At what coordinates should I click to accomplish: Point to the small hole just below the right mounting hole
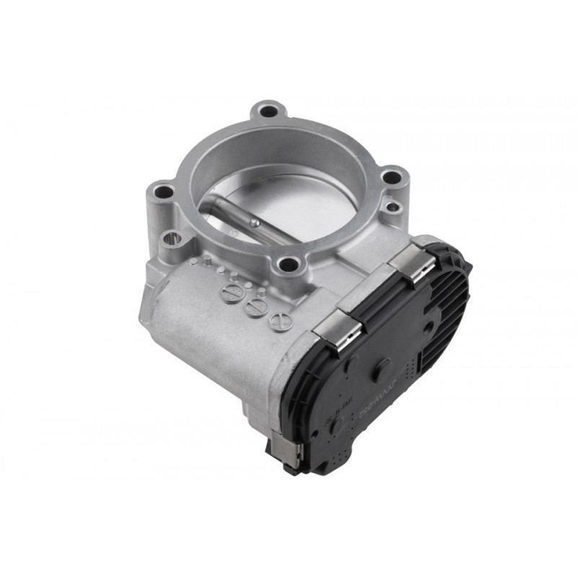pyautogui.click(x=392, y=208)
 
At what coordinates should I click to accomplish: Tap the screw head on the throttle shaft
pyautogui.click(x=255, y=224)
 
